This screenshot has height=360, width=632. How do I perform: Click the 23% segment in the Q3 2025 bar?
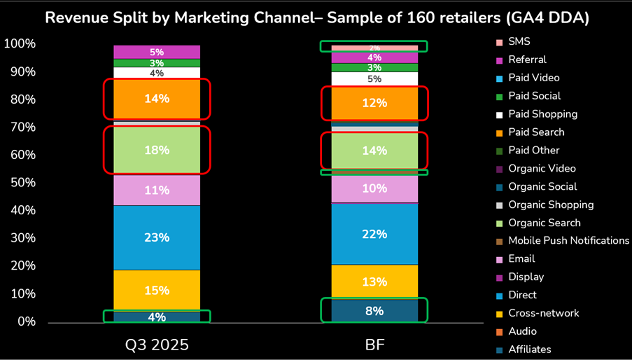(x=157, y=237)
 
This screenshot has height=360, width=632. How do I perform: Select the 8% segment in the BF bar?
(x=374, y=310)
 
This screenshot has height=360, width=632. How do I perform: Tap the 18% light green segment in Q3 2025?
(x=157, y=150)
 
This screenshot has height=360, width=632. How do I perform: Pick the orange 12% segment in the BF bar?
(x=374, y=103)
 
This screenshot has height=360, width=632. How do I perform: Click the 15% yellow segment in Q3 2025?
(x=157, y=290)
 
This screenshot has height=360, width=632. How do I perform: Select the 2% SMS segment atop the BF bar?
(x=374, y=48)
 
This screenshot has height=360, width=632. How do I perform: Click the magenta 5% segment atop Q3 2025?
(x=157, y=52)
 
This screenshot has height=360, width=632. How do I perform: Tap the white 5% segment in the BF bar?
(x=374, y=79)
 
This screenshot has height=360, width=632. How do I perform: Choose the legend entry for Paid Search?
(x=536, y=132)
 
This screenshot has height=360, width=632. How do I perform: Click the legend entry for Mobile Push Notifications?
(x=568, y=240)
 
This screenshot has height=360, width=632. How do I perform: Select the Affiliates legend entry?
(x=530, y=349)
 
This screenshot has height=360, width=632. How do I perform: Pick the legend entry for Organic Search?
(x=545, y=223)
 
